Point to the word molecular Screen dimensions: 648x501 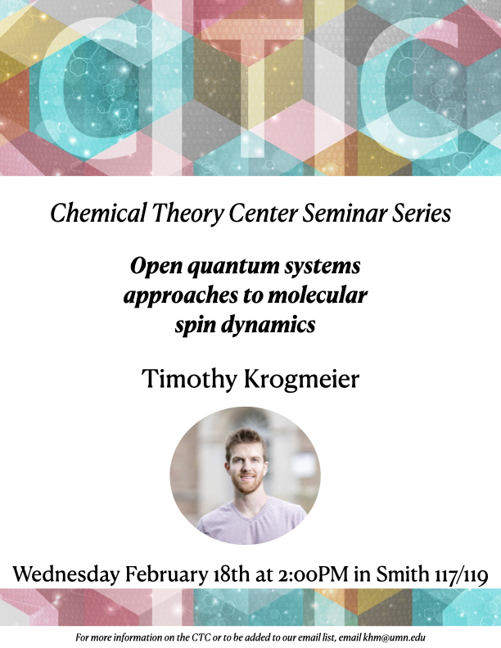(x=322, y=295)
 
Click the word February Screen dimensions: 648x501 (x=170, y=574)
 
